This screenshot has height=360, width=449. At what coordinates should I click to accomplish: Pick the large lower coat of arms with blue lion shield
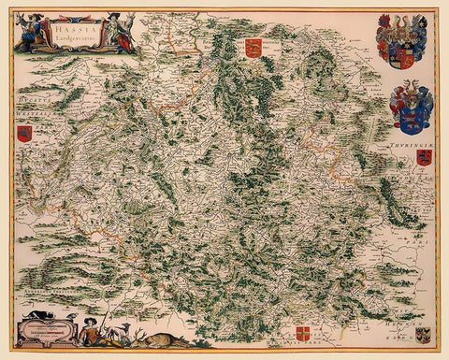(x=410, y=105)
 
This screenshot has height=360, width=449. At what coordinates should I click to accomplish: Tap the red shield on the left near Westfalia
(x=24, y=134)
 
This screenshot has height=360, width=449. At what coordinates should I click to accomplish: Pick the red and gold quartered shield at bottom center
(x=302, y=333)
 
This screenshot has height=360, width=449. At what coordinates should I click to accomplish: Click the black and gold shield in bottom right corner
(x=423, y=334)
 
